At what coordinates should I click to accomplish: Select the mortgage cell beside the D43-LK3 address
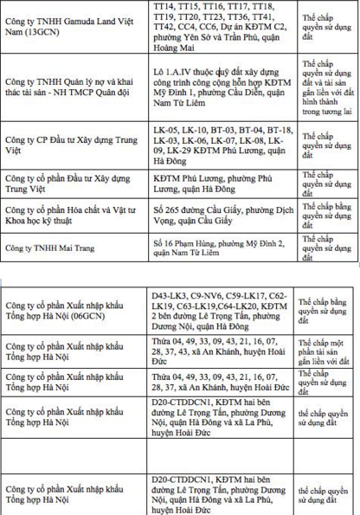329,317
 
